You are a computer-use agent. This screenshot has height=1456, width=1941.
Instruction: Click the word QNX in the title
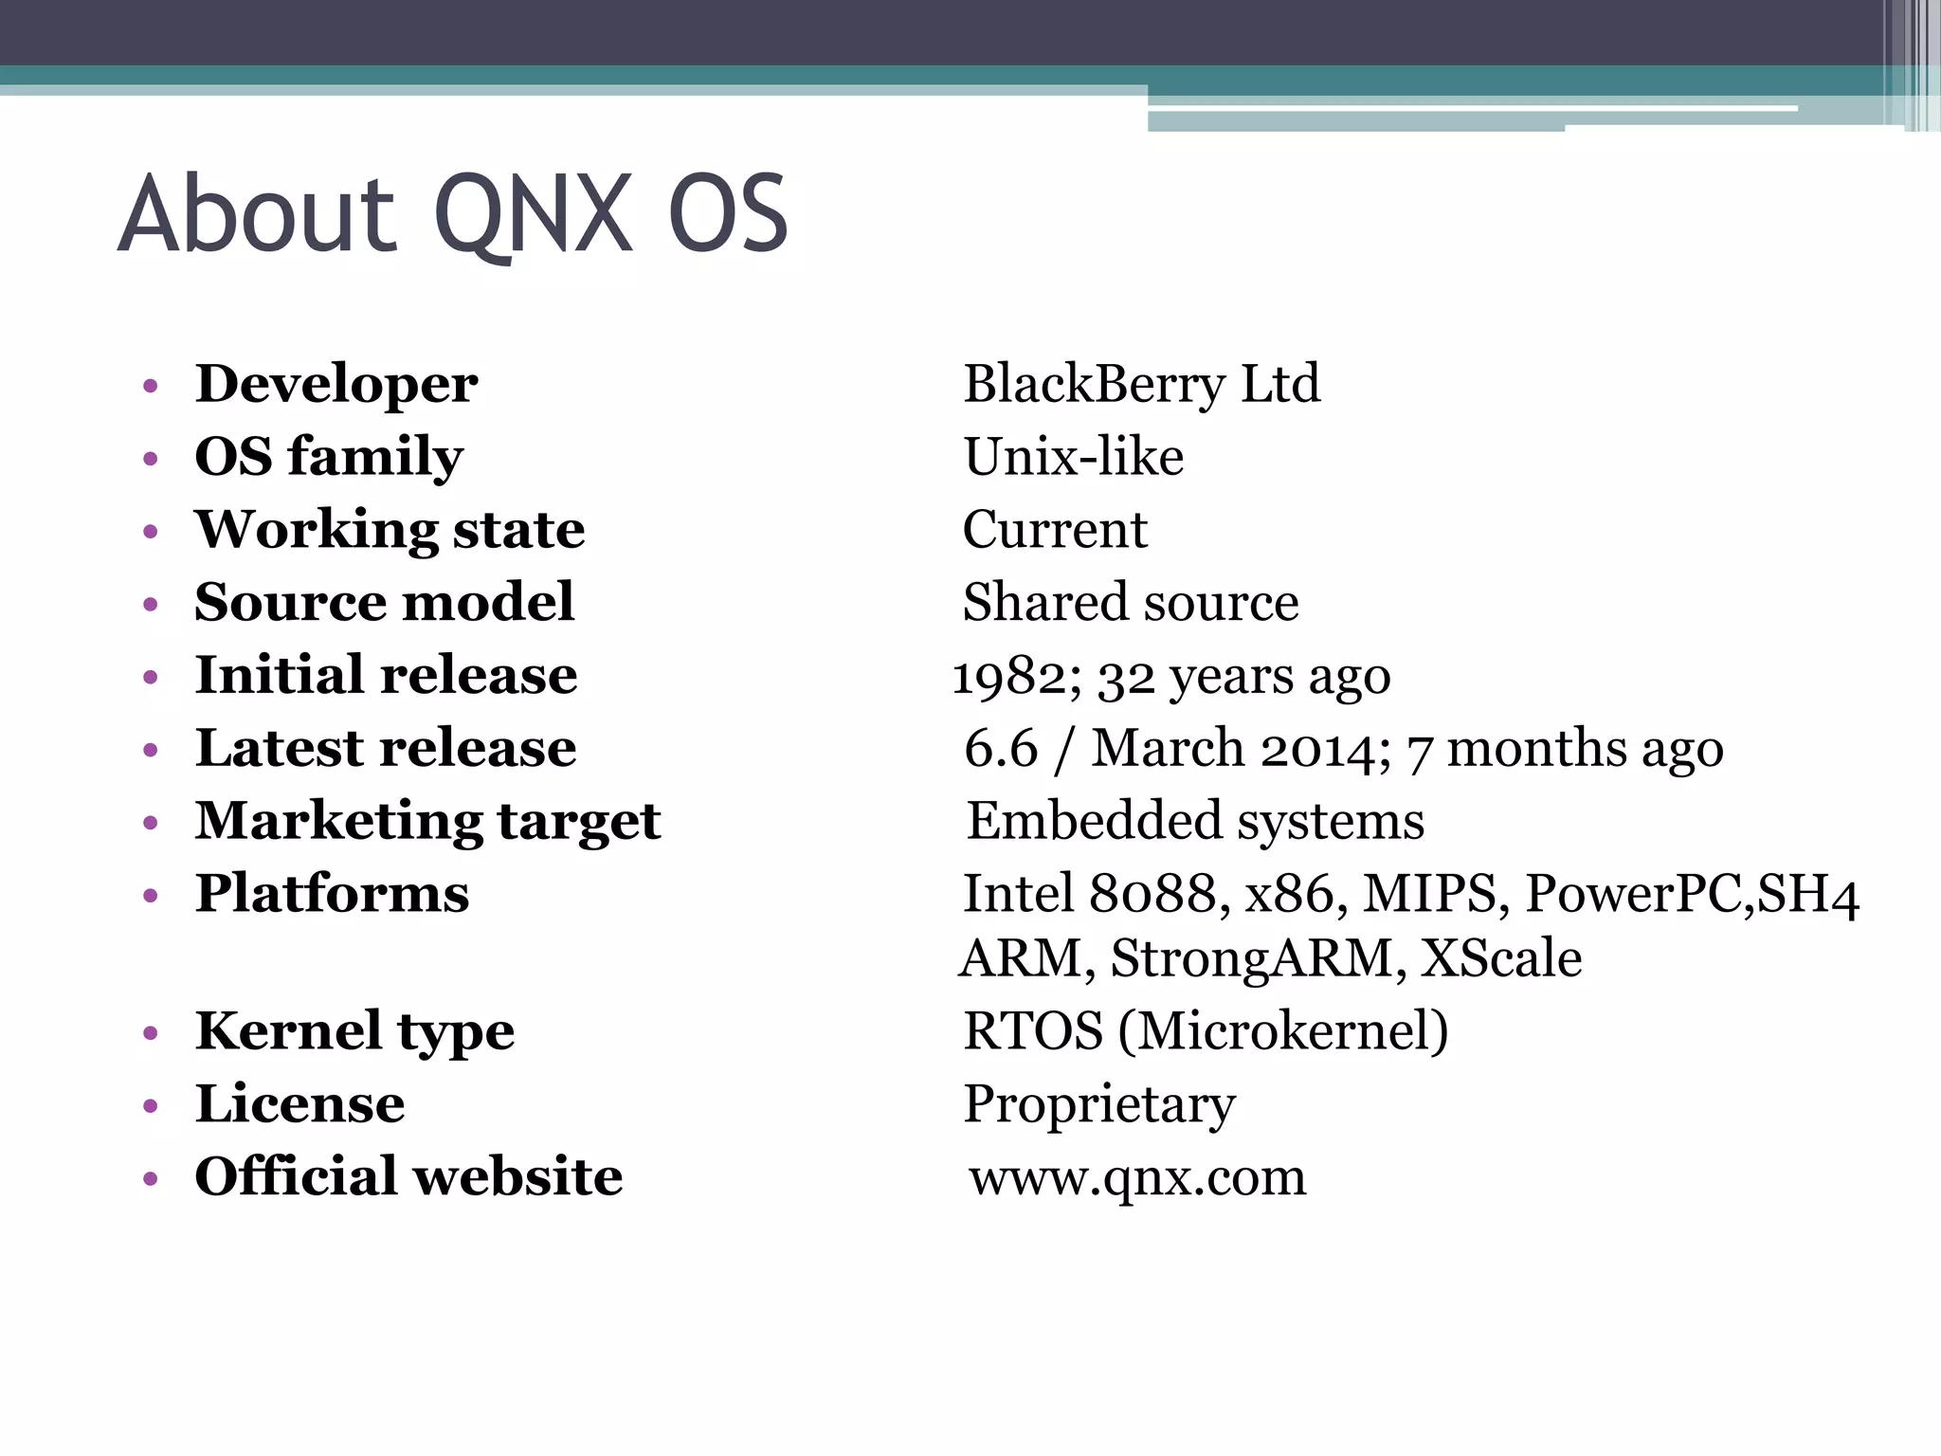[x=534, y=215]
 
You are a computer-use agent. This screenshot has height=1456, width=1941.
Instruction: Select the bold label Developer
[x=336, y=384]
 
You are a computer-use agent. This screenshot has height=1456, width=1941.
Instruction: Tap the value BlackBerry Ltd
[x=1141, y=384]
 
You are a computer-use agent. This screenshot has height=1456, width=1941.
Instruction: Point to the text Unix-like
[x=1074, y=457]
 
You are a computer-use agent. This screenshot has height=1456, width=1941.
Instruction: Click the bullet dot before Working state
[x=150, y=532]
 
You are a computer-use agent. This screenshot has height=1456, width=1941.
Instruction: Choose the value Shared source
[x=1131, y=602]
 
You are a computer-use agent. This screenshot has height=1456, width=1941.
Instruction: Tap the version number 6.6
[x=1001, y=748]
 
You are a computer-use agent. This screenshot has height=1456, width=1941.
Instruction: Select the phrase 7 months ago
[x=1565, y=749]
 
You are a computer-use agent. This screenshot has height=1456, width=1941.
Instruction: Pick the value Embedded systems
[x=1195, y=821]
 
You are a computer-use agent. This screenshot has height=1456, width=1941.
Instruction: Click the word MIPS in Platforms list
[x=1430, y=894]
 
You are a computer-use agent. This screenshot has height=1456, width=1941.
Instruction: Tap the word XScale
[x=1501, y=958]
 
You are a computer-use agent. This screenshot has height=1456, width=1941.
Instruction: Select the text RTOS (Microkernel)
[x=1206, y=1031]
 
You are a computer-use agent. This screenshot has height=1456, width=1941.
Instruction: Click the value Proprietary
[x=1099, y=1104]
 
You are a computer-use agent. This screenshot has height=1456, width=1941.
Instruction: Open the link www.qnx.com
[x=1137, y=1178]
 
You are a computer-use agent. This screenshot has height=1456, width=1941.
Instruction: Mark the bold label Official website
[x=408, y=1177]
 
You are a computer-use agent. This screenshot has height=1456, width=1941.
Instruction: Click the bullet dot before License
[x=150, y=1106]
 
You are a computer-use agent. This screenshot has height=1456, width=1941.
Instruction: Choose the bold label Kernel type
[x=354, y=1031]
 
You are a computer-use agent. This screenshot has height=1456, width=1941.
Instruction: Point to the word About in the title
[x=256, y=215]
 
